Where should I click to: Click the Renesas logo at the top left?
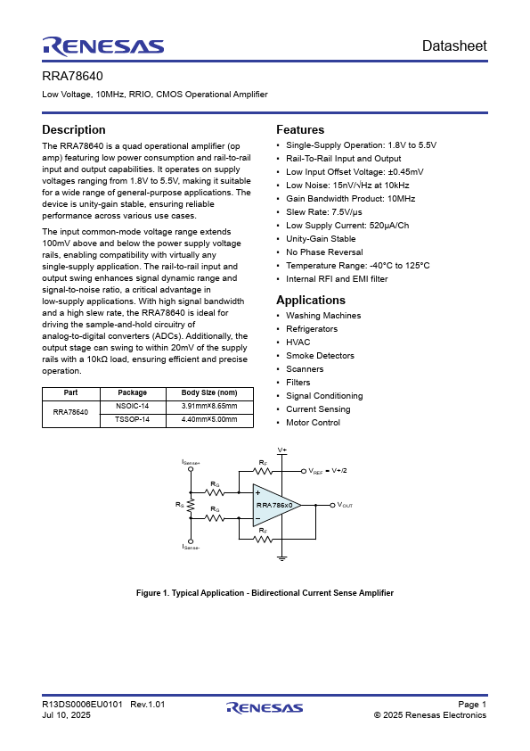102,45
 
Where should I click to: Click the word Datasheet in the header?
454,45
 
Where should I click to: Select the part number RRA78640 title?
67,77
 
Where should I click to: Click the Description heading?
74,130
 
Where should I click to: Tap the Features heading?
300,130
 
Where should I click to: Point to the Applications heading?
311,301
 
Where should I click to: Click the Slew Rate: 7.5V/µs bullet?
324,212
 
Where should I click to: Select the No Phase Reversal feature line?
324,252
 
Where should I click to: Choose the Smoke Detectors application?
320,356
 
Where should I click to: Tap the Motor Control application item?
313,423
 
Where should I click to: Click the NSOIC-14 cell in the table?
133,406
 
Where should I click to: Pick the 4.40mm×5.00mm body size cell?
209,419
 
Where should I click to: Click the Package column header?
133,392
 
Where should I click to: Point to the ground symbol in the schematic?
282,558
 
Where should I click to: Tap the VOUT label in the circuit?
345,506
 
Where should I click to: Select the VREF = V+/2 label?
327,471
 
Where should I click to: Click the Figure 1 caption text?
265,593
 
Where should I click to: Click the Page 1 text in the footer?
472,705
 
